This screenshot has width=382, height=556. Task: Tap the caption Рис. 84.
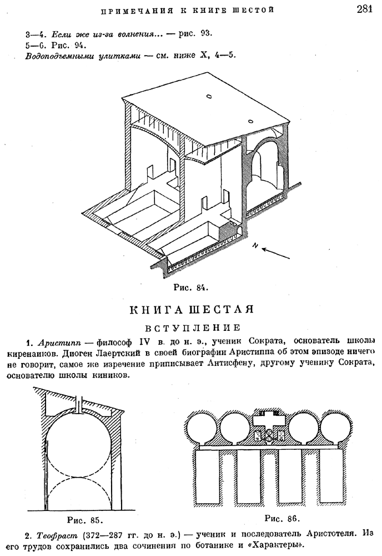click(x=190, y=287)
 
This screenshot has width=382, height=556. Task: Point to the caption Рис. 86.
click(x=281, y=518)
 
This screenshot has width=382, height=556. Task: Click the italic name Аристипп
click(x=52, y=340)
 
